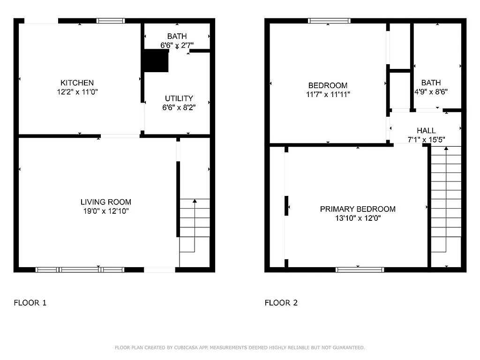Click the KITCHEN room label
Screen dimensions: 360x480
[77, 83]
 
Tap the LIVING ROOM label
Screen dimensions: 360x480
[106, 202]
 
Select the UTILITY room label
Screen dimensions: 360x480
[179, 98]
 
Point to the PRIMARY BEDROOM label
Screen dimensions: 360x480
[358, 209]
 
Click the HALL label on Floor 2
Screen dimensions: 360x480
[426, 131]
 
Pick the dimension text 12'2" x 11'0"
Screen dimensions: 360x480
[77, 92]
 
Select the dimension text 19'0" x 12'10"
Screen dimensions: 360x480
[106, 211]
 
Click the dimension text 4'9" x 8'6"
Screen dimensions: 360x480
[431, 92]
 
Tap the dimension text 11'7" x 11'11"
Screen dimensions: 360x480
[328, 94]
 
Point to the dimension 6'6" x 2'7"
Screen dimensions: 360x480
[177, 45]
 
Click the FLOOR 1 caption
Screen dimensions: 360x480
[30, 303]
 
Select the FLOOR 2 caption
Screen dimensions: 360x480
[281, 303]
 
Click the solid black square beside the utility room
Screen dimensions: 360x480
[156, 61]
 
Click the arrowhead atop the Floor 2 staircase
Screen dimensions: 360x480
[446, 149]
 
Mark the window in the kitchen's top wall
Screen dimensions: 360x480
[111, 21]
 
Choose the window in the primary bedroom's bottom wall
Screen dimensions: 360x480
[360, 270]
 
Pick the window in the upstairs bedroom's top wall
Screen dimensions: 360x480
[329, 21]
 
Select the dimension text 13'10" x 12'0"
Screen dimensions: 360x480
[358, 218]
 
